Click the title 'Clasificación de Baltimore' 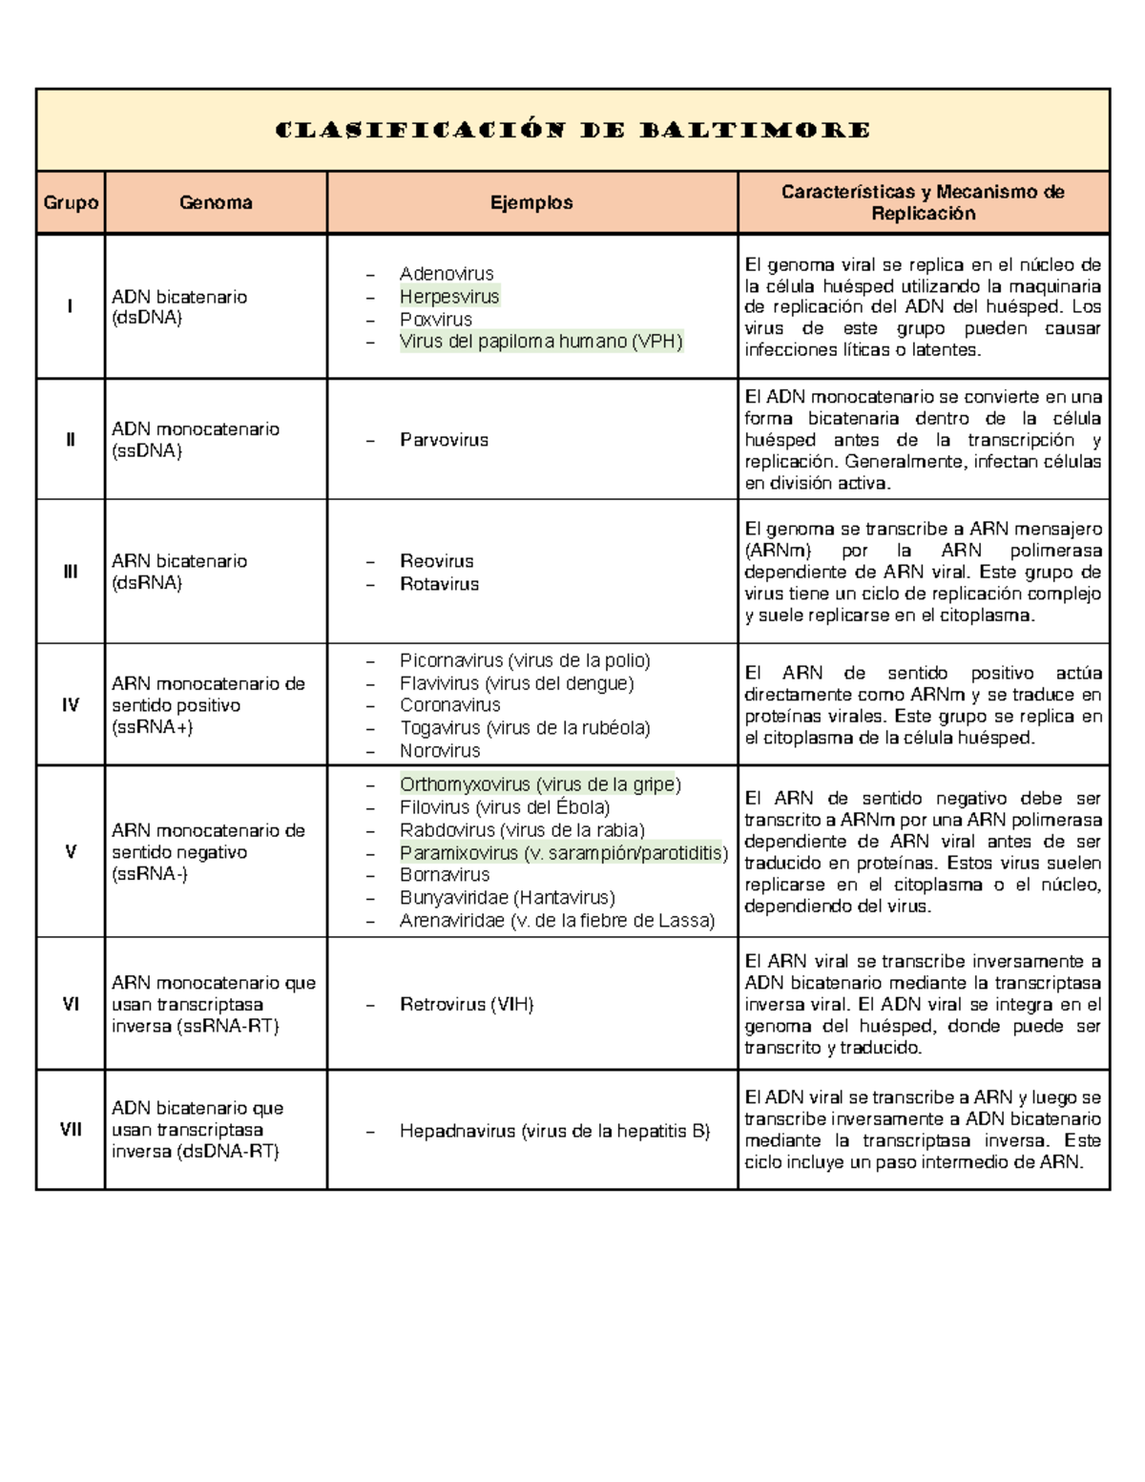[572, 130]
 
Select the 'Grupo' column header [71, 202]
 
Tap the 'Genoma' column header [216, 202]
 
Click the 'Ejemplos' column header [531, 202]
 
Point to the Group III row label [71, 572]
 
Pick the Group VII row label [71, 1129]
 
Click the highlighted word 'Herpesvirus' [449, 297]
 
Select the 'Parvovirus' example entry [444, 440]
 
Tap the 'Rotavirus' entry [439, 584]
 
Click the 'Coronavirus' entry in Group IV [449, 705]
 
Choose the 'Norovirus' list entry [440, 751]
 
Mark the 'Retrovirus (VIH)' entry [467, 1004]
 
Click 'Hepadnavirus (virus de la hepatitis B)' [554, 1131]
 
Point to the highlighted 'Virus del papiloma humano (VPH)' [541, 342]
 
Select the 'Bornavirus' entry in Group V [445, 875]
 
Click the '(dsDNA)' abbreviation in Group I [147, 318]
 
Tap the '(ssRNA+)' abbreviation [153, 727]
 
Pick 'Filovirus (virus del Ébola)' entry [505, 807]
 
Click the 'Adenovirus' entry [447, 274]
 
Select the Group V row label [71, 851]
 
